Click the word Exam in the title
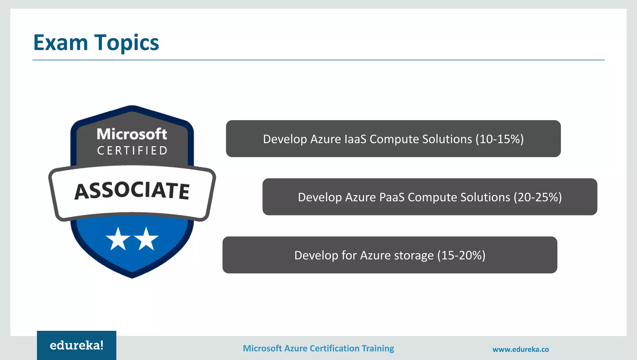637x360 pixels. click(x=61, y=43)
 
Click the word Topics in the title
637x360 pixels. click(x=127, y=43)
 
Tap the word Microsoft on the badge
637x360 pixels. click(x=132, y=134)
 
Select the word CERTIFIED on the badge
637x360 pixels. click(x=133, y=151)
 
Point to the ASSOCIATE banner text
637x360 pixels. click(x=132, y=190)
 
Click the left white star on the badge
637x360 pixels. click(x=118, y=239)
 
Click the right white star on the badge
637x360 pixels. click(x=146, y=239)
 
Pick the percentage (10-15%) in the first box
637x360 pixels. click(x=500, y=139)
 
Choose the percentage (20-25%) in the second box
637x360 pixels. click(x=537, y=197)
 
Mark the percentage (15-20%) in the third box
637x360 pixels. click(x=461, y=255)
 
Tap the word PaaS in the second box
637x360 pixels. click(x=392, y=197)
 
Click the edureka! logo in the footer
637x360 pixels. click(x=77, y=345)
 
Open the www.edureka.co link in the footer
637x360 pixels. click(x=521, y=349)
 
